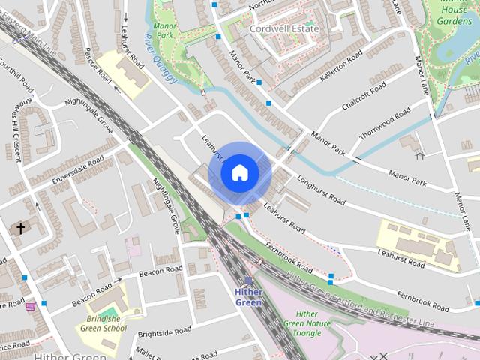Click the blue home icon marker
tap(239, 173)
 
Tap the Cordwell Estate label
tap(284, 28)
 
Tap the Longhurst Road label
tap(320, 190)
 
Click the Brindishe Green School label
tap(103, 322)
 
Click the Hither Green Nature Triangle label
tap(307, 323)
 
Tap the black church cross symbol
tap(21, 227)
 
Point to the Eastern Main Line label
tap(29, 40)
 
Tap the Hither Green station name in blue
tap(248, 297)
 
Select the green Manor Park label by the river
tap(165, 31)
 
